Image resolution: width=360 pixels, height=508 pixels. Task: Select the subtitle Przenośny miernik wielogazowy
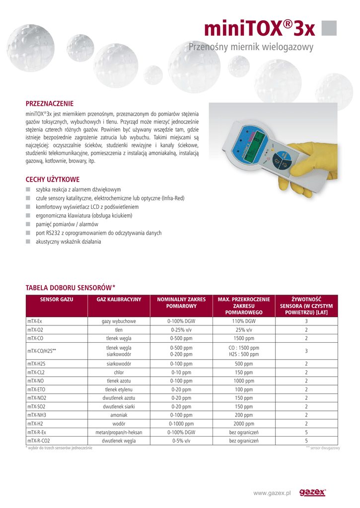coord(251,47)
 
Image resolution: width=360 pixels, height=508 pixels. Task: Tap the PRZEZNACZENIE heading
coord(49,104)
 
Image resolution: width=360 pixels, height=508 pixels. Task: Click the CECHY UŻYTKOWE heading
coord(52,179)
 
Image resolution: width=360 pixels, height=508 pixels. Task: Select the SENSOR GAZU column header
coord(57,300)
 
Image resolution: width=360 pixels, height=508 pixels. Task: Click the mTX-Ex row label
coord(35,321)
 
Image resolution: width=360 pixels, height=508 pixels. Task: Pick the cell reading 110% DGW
coord(244,321)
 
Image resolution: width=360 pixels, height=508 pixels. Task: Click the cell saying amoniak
coord(119,415)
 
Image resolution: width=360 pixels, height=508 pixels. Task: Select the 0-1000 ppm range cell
coord(181,424)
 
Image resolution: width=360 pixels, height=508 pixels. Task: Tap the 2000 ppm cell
coord(244,424)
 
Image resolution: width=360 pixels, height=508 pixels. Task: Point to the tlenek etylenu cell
coord(119,389)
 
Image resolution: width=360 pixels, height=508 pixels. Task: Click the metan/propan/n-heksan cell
coord(119,432)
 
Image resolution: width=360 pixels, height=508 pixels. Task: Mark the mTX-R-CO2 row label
coord(39,441)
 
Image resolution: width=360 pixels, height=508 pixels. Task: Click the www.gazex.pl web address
coord(272,493)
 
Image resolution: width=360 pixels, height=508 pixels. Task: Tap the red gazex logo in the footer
coord(312,492)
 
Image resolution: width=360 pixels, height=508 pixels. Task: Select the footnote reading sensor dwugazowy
coord(323,448)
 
